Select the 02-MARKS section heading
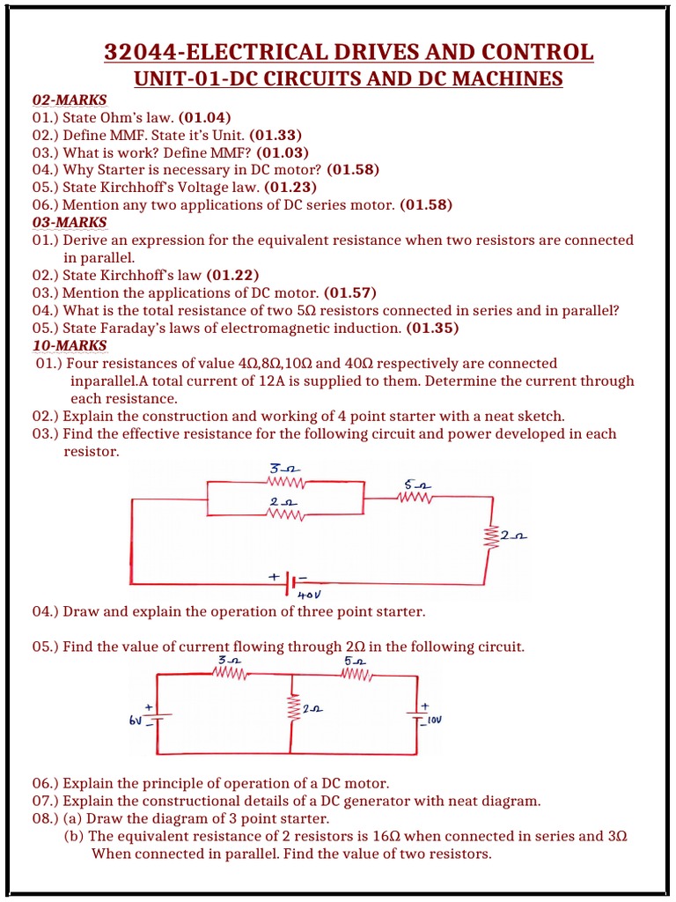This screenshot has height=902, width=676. pyautogui.click(x=70, y=100)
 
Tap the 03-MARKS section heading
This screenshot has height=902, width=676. pyautogui.click(x=70, y=222)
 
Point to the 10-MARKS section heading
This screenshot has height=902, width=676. pyautogui.click(x=70, y=345)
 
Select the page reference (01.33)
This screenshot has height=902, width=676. pyautogui.click(x=276, y=135)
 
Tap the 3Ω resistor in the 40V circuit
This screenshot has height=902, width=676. pyautogui.click(x=285, y=482)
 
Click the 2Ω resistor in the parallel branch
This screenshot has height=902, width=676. pyautogui.click(x=285, y=514)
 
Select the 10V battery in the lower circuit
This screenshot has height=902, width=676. pyautogui.click(x=417, y=715)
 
